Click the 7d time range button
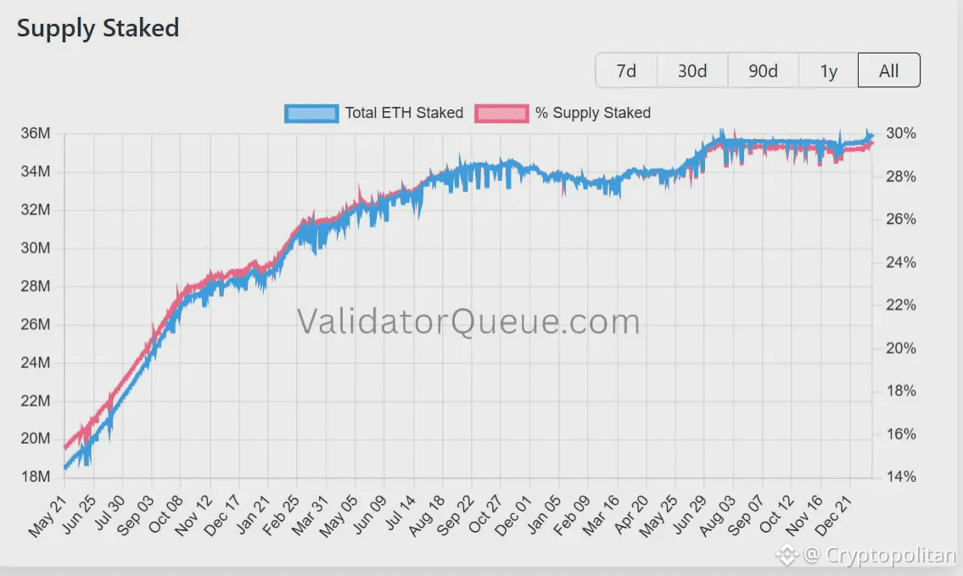[626, 70]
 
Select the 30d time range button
[692, 70]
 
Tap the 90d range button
[763, 70]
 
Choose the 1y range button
[828, 70]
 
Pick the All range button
[888, 70]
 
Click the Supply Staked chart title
[98, 28]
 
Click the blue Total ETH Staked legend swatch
[311, 113]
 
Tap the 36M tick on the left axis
[36, 134]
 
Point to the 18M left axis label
[36, 477]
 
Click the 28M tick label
[36, 286]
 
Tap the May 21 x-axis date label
[48, 517]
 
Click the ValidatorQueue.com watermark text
[468, 322]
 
